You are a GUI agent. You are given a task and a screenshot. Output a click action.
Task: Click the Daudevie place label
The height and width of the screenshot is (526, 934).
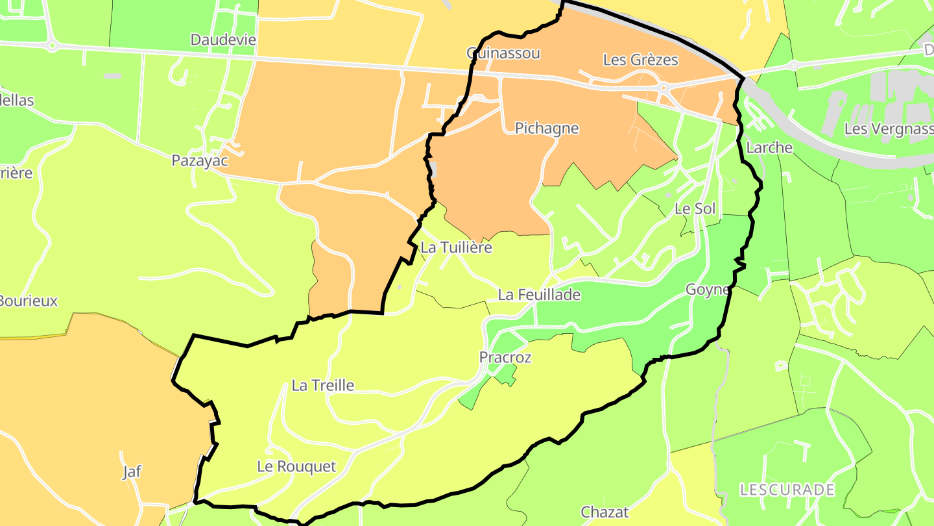click(223, 40)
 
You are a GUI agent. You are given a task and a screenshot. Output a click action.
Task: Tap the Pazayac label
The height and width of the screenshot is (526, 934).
click(200, 160)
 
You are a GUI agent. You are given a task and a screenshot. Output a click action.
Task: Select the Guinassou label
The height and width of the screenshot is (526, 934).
click(503, 53)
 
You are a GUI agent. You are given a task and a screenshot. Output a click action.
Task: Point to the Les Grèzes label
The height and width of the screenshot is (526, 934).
click(640, 60)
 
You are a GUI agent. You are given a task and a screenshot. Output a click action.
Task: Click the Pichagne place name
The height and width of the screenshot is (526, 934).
click(546, 128)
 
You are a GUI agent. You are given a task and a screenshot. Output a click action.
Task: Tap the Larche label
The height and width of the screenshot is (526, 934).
click(769, 147)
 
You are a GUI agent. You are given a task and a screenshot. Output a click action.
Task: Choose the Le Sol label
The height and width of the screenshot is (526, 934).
click(695, 208)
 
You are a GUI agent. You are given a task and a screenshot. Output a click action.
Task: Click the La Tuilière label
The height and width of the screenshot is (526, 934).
click(456, 247)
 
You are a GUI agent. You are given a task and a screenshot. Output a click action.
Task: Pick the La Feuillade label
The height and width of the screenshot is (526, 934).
click(539, 295)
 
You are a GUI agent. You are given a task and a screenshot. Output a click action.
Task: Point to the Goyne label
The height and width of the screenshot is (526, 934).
click(708, 290)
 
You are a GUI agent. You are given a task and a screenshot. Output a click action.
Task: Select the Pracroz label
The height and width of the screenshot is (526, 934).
click(505, 357)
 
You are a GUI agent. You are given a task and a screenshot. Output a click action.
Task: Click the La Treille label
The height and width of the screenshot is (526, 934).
click(323, 385)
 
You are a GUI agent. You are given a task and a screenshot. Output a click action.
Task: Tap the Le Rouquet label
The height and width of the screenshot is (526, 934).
click(296, 466)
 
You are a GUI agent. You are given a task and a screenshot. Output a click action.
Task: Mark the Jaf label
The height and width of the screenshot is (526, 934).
click(132, 471)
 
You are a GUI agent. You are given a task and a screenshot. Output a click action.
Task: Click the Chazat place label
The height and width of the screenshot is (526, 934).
click(605, 512)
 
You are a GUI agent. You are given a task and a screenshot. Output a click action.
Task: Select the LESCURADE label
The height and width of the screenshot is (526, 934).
click(787, 489)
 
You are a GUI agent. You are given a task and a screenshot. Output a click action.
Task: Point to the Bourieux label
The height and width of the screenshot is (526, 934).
click(28, 301)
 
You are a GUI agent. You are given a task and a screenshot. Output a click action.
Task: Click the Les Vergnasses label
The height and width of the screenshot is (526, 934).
click(889, 129)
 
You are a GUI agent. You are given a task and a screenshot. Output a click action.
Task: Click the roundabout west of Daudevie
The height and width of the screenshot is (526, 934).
click(52, 45)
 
